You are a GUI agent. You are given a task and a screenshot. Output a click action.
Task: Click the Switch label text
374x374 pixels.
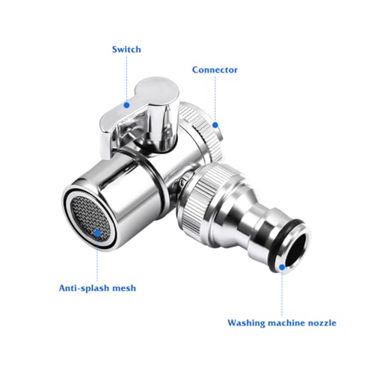pos(126,49)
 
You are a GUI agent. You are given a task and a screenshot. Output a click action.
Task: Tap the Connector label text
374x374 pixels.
pos(215,70)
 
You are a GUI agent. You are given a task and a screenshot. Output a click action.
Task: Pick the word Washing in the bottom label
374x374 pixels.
pos(248,323)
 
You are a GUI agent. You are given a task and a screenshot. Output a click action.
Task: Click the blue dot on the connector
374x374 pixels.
pos(215,125)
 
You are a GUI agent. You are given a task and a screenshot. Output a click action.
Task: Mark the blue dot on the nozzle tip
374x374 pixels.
pos(282,266)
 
